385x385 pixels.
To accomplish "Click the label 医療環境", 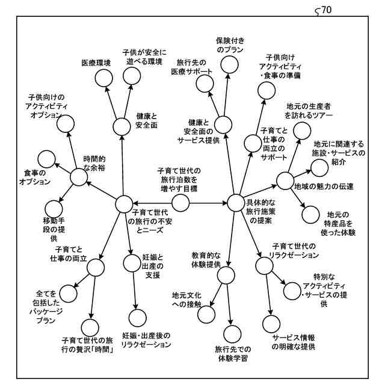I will click(x=96, y=63).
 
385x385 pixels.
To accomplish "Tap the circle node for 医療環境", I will click(x=104, y=78).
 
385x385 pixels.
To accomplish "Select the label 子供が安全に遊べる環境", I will click(x=143, y=57).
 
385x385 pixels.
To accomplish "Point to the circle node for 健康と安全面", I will click(x=122, y=127).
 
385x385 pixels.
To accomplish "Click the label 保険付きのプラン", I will click(x=229, y=46).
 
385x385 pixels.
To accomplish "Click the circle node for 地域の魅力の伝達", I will click(x=284, y=179).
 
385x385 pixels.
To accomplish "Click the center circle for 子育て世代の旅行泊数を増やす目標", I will click(x=180, y=204).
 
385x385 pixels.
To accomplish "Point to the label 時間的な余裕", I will click(x=94, y=164).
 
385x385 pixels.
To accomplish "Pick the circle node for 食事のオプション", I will click(x=46, y=159).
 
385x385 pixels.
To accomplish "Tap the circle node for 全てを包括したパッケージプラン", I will click(x=69, y=294).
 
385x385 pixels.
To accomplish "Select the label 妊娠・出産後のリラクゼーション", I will click(x=147, y=340).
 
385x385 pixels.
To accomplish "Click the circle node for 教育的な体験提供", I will click(x=226, y=276).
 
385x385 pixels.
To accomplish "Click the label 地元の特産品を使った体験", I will click(x=341, y=223).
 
